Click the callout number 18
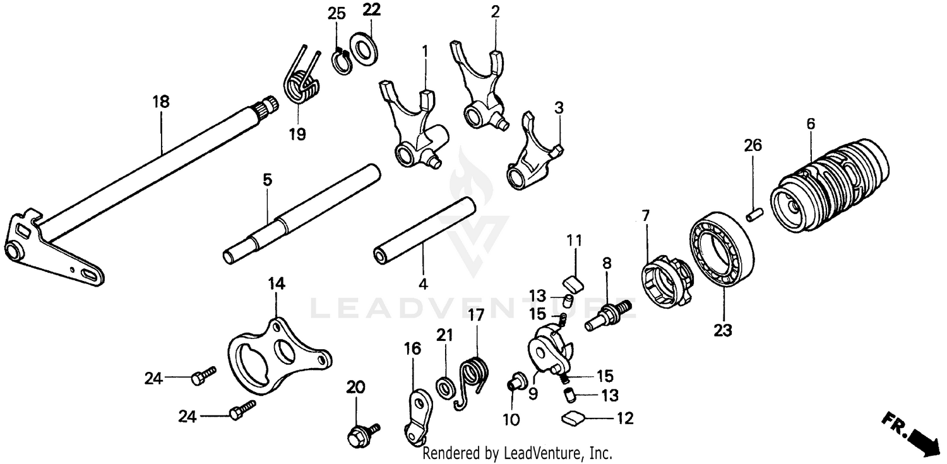(161, 101)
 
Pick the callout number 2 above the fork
(495, 11)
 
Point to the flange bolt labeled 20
(360, 434)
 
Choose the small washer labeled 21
(445, 385)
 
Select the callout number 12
(626, 418)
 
